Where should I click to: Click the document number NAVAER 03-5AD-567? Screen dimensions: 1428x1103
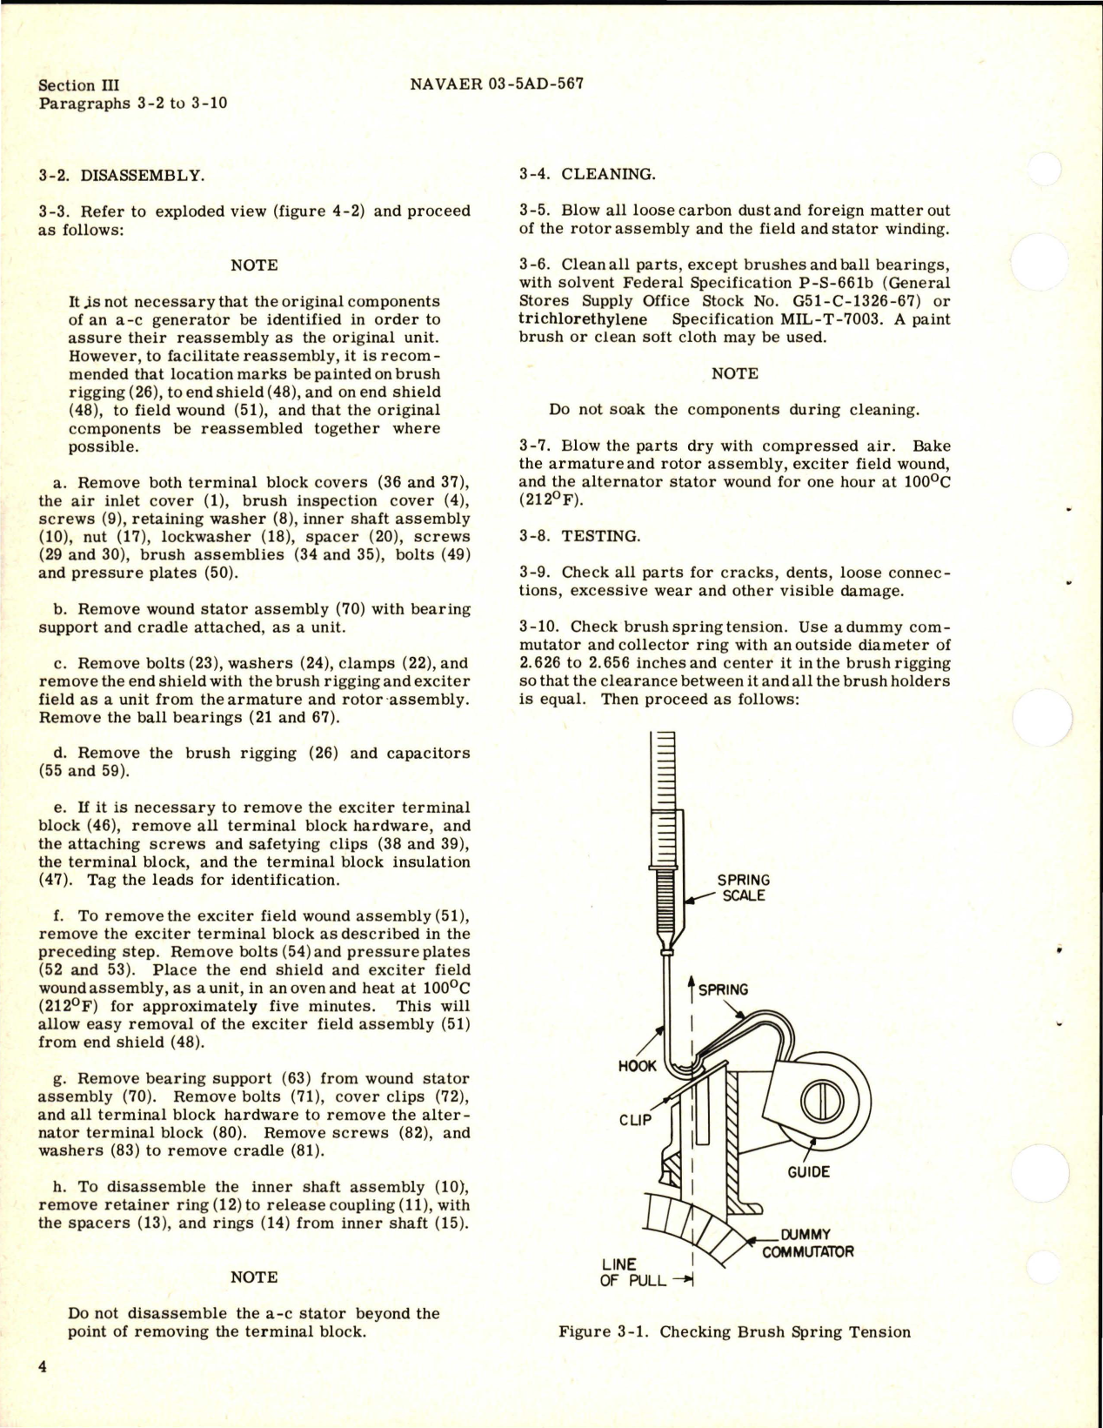(496, 84)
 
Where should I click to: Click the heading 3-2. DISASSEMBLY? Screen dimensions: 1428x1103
(122, 175)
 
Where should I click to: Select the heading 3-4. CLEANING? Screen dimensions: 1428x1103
(587, 174)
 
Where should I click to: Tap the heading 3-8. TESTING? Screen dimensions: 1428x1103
(579, 536)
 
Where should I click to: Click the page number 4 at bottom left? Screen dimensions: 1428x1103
(43, 1367)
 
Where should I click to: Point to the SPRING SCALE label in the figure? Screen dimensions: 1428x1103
(743, 888)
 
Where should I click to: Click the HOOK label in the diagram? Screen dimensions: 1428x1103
(637, 1066)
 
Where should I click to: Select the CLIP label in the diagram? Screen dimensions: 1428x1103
(635, 1120)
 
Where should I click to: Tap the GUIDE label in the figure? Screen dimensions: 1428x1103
(808, 1172)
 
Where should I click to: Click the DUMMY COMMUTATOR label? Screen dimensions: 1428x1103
(807, 1244)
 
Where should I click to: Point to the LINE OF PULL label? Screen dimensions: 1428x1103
(632, 1272)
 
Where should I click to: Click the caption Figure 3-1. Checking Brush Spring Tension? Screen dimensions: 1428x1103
(734, 1331)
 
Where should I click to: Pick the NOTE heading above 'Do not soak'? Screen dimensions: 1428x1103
(734, 373)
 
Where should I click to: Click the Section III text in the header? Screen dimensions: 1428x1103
(79, 85)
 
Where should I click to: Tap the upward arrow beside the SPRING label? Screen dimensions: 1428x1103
(692, 988)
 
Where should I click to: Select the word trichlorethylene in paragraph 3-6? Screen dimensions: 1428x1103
(583, 319)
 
